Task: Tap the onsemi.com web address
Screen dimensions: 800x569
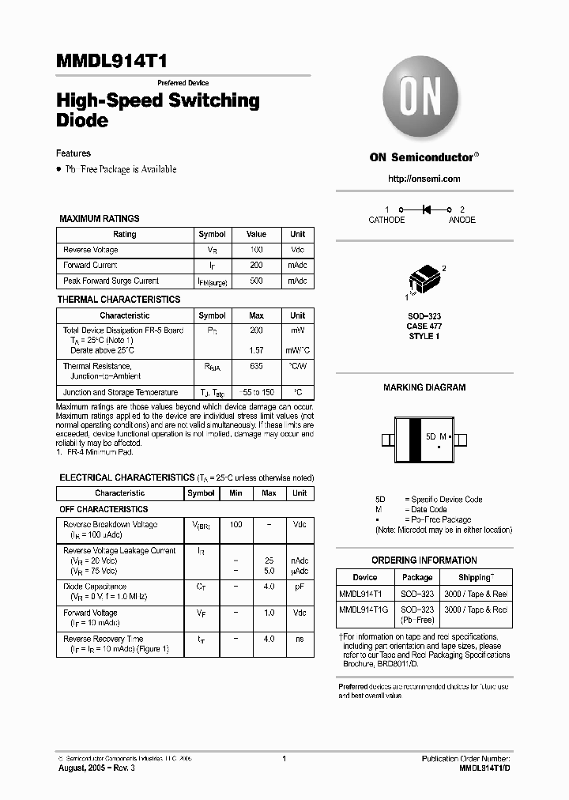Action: pos(424,179)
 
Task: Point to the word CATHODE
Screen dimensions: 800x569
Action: pos(386,220)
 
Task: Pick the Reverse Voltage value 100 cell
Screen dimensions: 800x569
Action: pos(256,250)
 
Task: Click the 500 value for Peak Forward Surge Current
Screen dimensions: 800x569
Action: pos(256,281)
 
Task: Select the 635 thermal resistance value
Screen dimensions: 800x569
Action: pos(256,366)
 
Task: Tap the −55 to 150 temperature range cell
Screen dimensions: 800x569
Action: pos(256,392)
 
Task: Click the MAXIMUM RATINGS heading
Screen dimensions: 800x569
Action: pos(100,219)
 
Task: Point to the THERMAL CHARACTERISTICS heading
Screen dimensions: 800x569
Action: pos(119,300)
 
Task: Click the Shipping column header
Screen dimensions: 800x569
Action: pos(476,577)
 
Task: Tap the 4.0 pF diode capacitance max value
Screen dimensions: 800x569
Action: pos(269,587)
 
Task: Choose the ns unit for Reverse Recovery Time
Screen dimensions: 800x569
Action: pos(300,639)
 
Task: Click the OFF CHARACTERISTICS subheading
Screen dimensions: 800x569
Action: pos(104,509)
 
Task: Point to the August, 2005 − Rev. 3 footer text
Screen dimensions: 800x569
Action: pos(97,768)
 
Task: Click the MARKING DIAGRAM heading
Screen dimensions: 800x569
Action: pos(424,387)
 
